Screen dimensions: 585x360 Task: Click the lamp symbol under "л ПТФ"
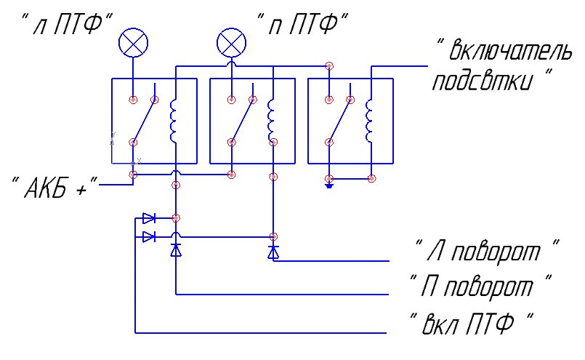(x=133, y=43)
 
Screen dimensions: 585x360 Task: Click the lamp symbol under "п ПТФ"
(x=231, y=43)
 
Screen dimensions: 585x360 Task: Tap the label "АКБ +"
(x=55, y=186)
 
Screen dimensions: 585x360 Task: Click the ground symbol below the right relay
(x=329, y=185)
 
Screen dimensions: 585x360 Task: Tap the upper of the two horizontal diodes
(x=149, y=218)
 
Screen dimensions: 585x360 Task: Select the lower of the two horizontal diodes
(x=149, y=237)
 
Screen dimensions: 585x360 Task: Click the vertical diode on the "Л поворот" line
(x=273, y=252)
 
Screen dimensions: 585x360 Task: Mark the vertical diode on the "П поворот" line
(x=176, y=250)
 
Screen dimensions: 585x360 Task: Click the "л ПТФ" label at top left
(x=67, y=24)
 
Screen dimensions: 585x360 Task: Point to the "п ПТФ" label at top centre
(x=302, y=24)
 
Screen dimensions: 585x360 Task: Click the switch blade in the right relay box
(x=339, y=121)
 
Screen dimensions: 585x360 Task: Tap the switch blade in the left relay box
(x=144, y=121)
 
